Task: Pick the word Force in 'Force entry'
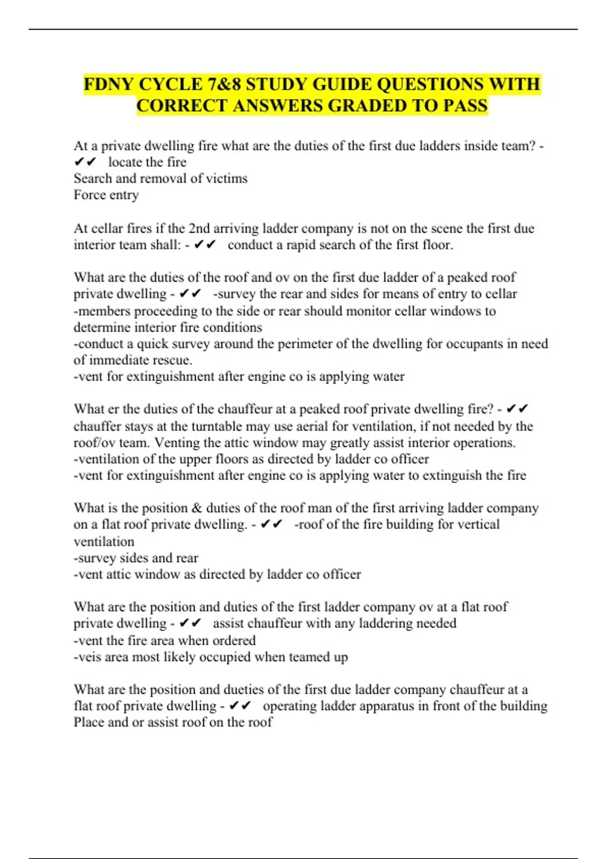pyautogui.click(x=90, y=195)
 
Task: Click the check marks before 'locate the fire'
pyautogui.click(x=84, y=162)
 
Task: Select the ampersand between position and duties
pyautogui.click(x=197, y=508)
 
